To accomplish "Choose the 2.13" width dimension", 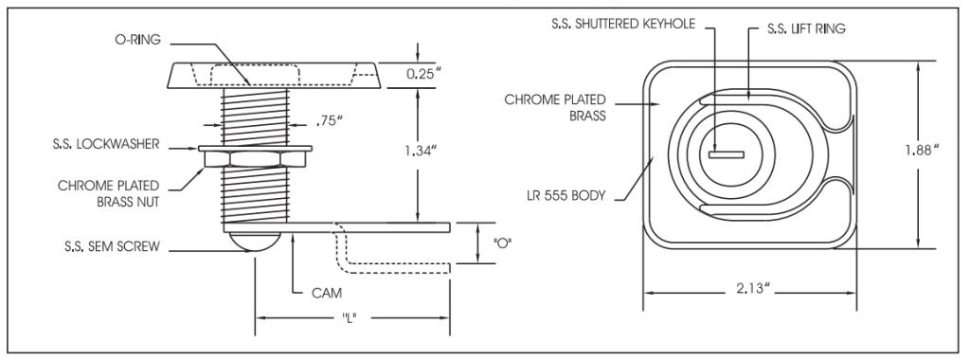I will [751, 290].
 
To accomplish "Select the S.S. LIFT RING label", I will [805, 29].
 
